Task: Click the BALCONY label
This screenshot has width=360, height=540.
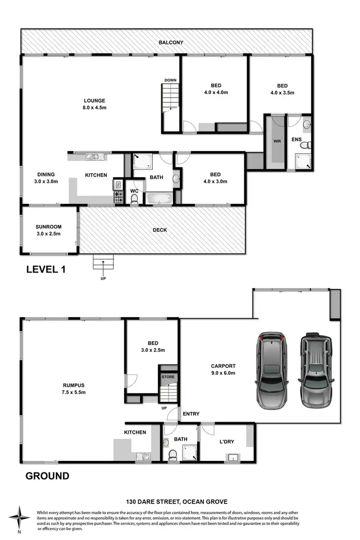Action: (171, 43)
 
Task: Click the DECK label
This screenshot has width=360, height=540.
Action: (160, 230)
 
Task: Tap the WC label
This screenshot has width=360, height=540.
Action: (135, 191)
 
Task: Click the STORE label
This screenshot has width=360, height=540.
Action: (168, 377)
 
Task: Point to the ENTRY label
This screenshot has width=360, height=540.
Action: (191, 414)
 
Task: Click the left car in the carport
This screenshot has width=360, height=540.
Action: (271, 370)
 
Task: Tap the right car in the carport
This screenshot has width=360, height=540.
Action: (316, 370)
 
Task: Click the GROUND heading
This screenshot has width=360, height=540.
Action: (47, 476)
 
